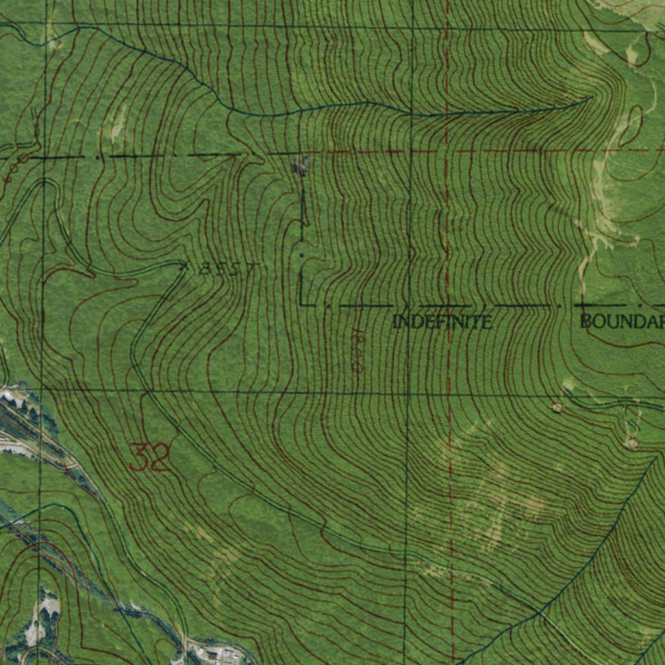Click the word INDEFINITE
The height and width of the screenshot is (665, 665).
click(442, 321)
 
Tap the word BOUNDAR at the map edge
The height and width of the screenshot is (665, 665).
click(622, 321)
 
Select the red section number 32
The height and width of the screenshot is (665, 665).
click(149, 457)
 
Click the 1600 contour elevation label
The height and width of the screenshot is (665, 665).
click(356, 351)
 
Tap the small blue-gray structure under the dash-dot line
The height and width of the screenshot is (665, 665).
click(299, 165)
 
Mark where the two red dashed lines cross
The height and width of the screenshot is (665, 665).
click(447, 151)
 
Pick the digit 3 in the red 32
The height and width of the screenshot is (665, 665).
click(138, 457)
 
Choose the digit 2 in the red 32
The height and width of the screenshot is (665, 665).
click(160, 457)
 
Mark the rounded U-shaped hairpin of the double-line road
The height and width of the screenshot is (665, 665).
click(44, 184)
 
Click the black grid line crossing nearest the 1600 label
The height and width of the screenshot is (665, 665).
click(408, 393)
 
